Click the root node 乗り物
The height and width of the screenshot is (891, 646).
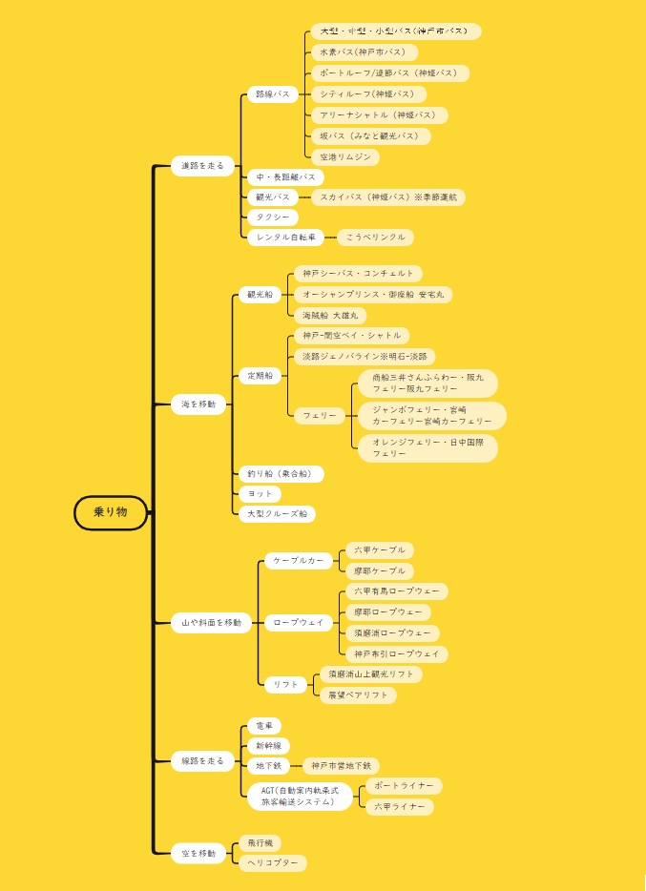[111, 512]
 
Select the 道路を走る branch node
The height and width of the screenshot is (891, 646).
[202, 166]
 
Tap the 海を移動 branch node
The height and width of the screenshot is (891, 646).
[198, 404]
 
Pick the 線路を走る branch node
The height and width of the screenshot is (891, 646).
[202, 761]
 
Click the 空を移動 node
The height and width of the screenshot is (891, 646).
[198, 852]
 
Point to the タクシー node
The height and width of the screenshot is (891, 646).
[266, 218]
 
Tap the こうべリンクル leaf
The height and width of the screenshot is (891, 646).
[375, 237]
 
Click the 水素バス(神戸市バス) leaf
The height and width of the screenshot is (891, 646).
[364, 52]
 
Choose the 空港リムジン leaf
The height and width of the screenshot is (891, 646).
[344, 156]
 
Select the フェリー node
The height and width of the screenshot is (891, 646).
[320, 416]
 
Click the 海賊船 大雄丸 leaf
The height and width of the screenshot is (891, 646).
[327, 315]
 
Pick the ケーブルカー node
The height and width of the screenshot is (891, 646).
[298, 560]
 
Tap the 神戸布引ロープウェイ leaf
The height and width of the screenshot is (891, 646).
[396, 654]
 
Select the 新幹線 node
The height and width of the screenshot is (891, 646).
[268, 745]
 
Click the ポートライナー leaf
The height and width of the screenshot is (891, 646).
[404, 786]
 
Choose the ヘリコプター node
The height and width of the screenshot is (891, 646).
[272, 862]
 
